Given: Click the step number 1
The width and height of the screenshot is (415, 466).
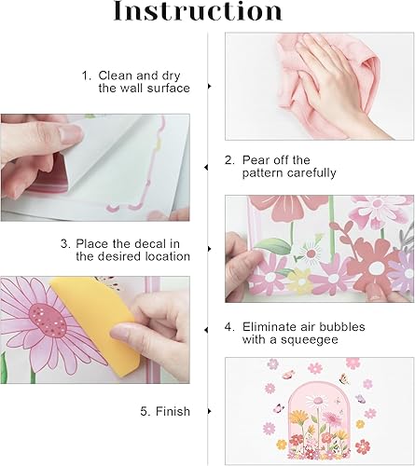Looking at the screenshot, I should [x=85, y=74].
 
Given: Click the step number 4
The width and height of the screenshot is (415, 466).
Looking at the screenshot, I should [x=228, y=328].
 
